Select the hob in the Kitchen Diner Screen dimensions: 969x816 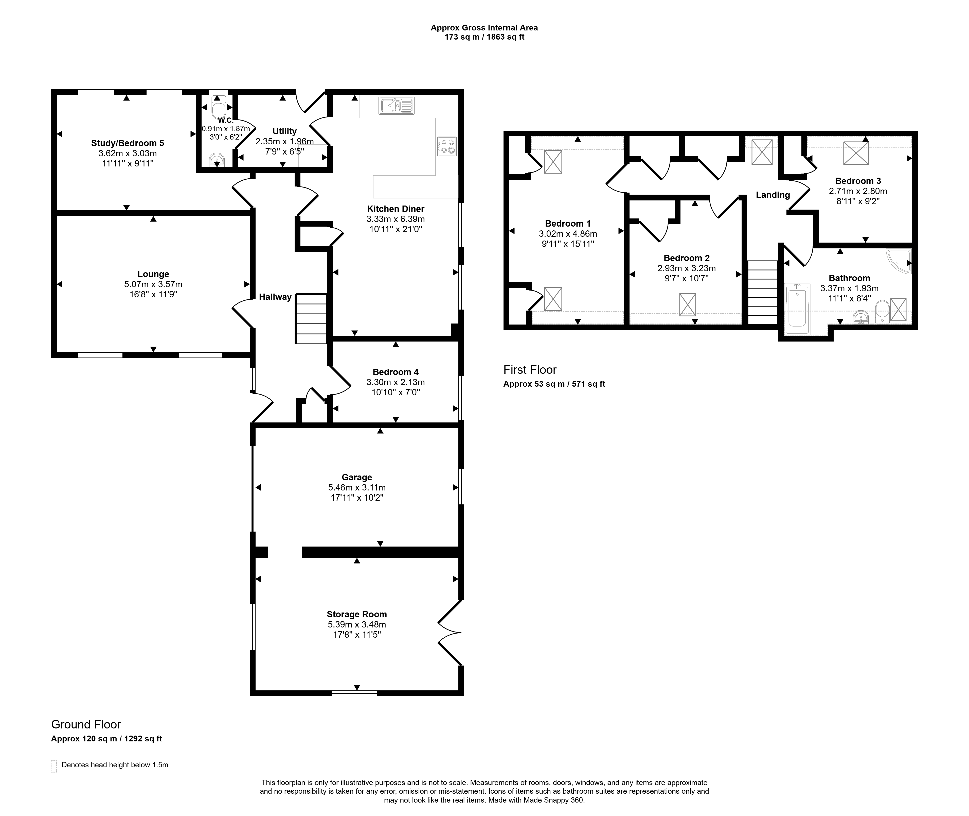[x=446, y=146]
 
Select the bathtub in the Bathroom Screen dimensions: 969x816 [x=797, y=309]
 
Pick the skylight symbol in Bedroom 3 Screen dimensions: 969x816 [x=856, y=153]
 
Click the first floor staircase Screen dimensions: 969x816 [x=763, y=292]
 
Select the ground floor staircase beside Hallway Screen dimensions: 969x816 [x=311, y=319]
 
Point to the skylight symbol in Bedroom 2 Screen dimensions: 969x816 [x=688, y=305]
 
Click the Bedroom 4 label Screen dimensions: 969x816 [x=396, y=372]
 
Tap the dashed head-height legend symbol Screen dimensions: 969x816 [x=54, y=766]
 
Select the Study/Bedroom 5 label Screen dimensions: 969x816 [x=128, y=143]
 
